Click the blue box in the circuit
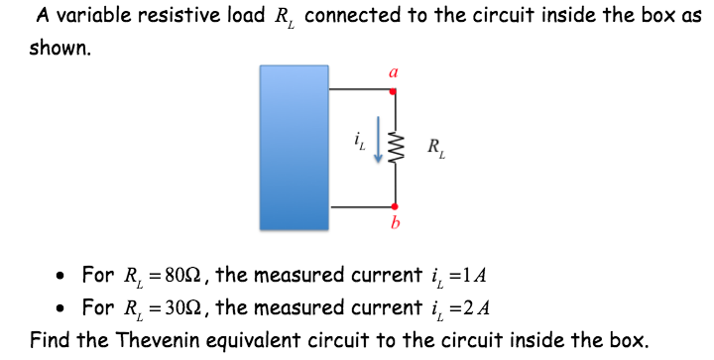tap(295, 149)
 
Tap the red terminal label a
tap(394, 71)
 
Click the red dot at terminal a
tap(394, 92)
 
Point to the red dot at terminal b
tap(394, 205)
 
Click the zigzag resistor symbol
tap(395, 150)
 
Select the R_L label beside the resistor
tap(436, 151)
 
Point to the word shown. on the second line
tap(59, 48)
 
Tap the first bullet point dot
tap(62, 275)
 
